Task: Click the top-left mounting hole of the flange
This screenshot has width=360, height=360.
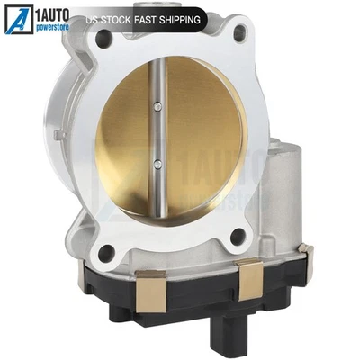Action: coord(104,38)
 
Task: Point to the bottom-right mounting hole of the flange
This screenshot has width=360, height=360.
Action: coord(238,237)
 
